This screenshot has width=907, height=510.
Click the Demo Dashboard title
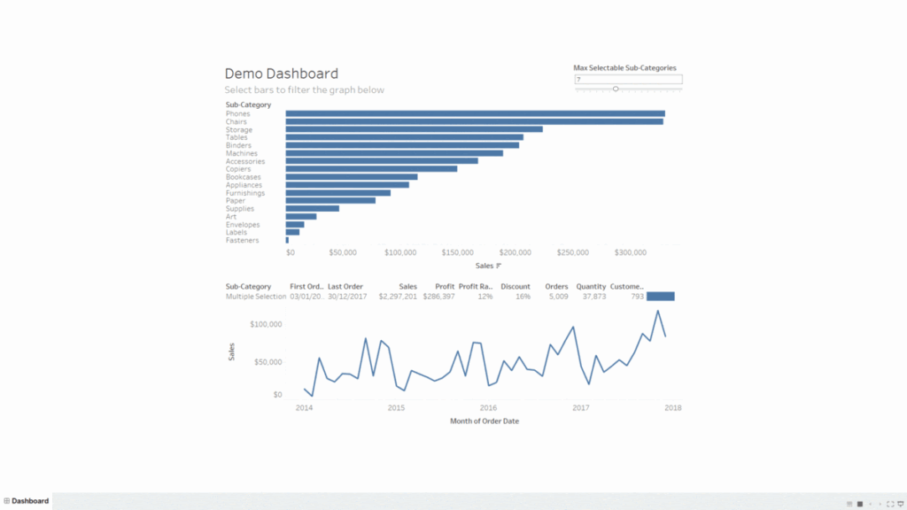(281, 73)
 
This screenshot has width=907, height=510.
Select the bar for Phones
(475, 113)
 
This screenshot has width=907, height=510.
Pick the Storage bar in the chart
(414, 129)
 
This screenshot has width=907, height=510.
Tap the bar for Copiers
(371, 168)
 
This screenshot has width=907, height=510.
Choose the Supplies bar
(312, 208)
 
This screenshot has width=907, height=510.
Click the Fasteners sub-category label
(242, 240)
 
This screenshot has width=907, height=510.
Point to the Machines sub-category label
(241, 153)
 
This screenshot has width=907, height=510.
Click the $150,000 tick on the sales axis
(458, 253)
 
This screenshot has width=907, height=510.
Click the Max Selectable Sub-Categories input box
(628, 80)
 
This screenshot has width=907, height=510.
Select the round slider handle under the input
(616, 89)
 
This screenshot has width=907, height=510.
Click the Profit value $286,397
(438, 297)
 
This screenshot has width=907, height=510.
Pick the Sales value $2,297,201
(398, 297)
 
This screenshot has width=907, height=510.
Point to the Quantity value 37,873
(591, 297)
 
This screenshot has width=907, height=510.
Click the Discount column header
(516, 287)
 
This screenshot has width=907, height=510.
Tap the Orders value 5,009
(557, 297)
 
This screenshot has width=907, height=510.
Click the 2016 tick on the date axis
(488, 408)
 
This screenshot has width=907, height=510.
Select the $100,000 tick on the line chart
(265, 325)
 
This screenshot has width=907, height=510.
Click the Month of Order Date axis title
(485, 421)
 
